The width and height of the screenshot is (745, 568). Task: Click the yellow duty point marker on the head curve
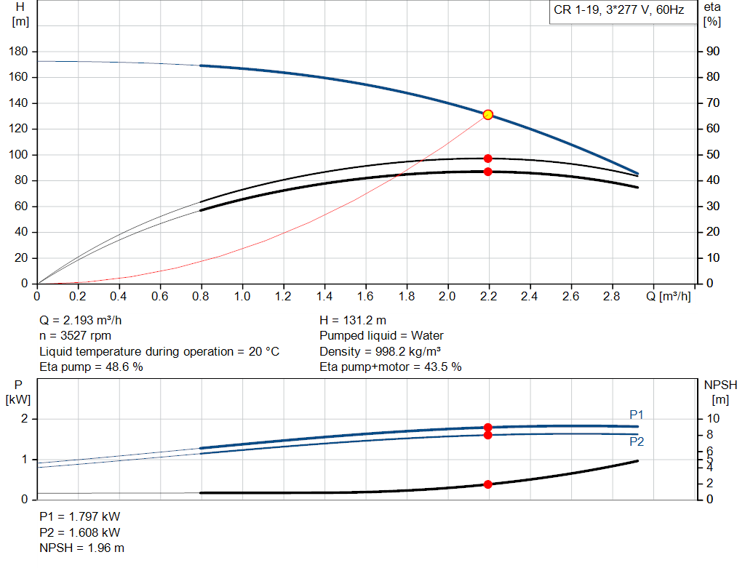488,114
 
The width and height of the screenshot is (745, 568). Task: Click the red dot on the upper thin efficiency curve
488,158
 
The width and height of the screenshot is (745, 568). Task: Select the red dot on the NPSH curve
488,484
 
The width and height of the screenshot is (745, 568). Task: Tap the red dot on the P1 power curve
488,428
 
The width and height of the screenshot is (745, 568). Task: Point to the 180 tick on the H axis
20,52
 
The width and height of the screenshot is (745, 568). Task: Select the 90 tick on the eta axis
713,52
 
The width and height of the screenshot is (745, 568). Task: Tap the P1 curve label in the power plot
637,415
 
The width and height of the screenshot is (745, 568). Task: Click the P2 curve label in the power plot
637,441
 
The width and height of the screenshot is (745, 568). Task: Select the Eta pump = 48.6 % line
91,367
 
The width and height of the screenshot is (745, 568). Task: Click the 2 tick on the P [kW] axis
24,419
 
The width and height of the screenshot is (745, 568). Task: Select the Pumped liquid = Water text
381,336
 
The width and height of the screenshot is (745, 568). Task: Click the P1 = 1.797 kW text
79,516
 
